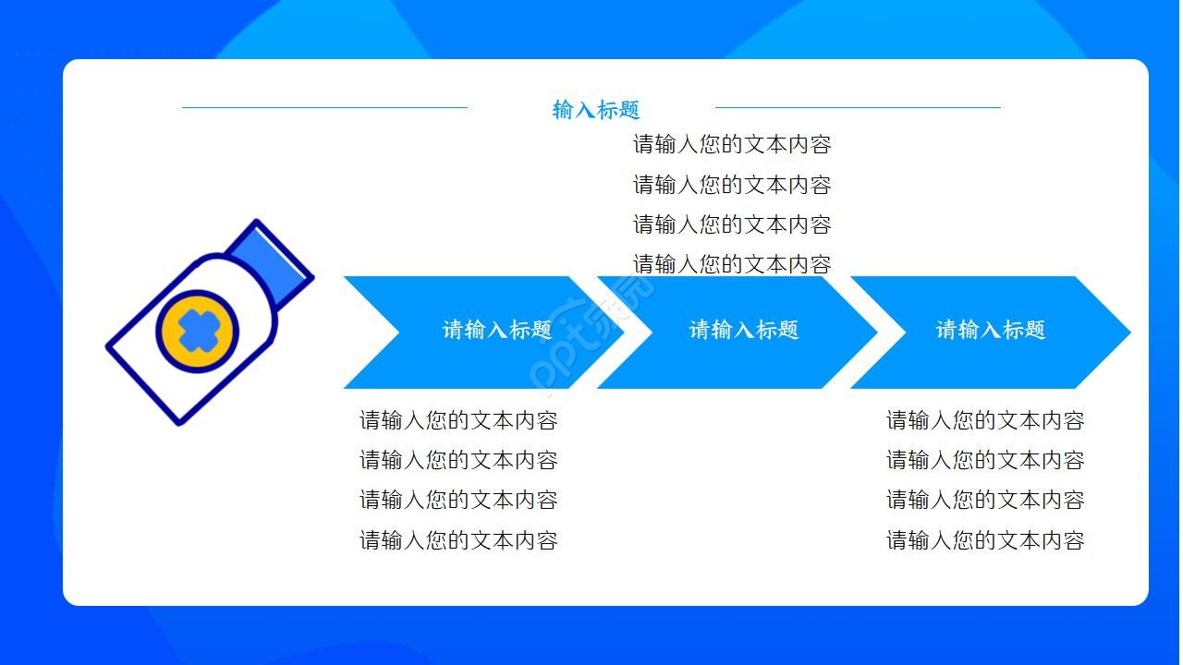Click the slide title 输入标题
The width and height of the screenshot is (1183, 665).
pyautogui.click(x=596, y=110)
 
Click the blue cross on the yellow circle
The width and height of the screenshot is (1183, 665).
pyautogui.click(x=196, y=330)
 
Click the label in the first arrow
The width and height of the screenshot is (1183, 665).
pyautogui.click(x=497, y=330)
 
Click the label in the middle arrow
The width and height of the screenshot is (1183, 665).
pyautogui.click(x=744, y=330)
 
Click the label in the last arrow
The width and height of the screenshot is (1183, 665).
pyautogui.click(x=991, y=330)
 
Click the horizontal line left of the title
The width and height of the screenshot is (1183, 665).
pyautogui.click(x=324, y=107)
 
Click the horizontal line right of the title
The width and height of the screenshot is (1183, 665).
pyautogui.click(x=858, y=107)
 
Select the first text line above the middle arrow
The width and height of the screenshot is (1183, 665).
pyautogui.click(x=732, y=144)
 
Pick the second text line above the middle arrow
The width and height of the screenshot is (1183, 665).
pyautogui.click(x=732, y=185)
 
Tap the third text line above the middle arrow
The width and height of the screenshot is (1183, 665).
pyautogui.click(x=732, y=224)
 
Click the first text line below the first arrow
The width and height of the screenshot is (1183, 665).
pyautogui.click(x=458, y=420)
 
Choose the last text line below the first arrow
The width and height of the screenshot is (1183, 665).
pyautogui.click(x=458, y=540)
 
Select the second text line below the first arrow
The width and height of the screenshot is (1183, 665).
pyautogui.click(x=458, y=460)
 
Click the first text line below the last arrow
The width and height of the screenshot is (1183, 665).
pyautogui.click(x=985, y=420)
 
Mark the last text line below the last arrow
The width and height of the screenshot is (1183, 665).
pyautogui.click(x=985, y=540)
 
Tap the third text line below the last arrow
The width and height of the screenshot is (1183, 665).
pyautogui.click(x=985, y=500)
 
